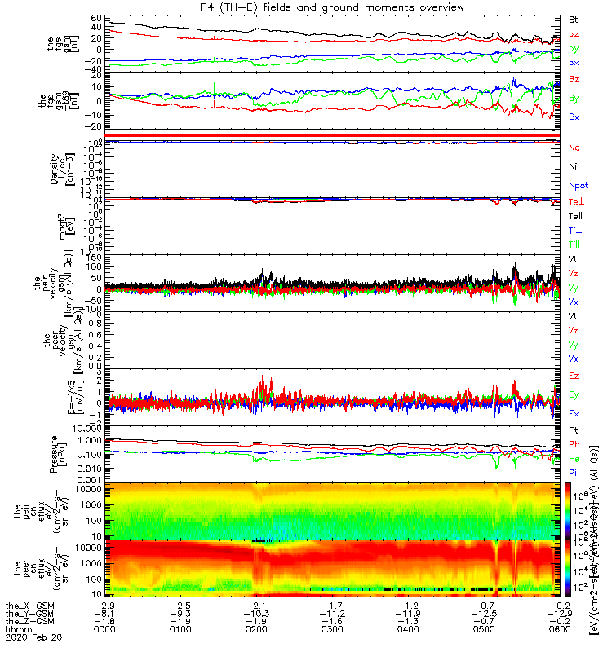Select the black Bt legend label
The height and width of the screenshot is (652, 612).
click(x=573, y=19)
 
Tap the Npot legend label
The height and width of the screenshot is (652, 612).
click(x=578, y=187)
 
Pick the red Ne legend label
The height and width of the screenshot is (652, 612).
click(x=574, y=148)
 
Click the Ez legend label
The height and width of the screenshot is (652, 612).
click(x=573, y=377)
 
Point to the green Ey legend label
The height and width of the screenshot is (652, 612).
click(x=573, y=395)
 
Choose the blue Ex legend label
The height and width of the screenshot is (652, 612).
click(x=573, y=414)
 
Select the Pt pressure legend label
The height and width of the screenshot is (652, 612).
click(x=573, y=430)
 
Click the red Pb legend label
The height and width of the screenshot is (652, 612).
click(x=573, y=444)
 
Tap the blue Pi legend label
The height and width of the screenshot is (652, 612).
click(x=573, y=473)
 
